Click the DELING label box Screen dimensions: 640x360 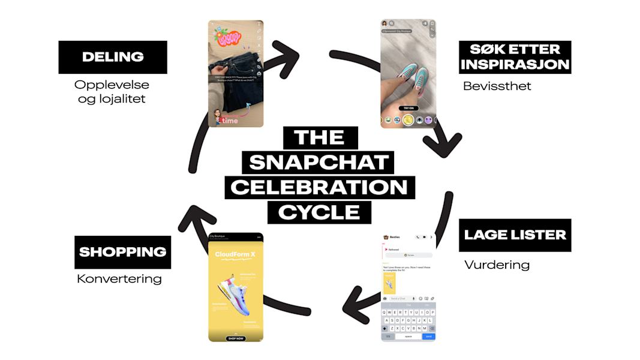click(x=113, y=57)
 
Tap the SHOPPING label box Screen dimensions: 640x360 click(x=122, y=252)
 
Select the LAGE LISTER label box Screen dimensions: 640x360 click(x=515, y=235)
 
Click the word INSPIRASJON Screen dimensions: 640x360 click(x=515, y=64)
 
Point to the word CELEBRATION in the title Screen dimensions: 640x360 click(x=319, y=187)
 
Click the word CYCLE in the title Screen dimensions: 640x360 click(x=319, y=212)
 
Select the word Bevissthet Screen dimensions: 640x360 click(x=497, y=86)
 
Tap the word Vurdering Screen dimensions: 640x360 click(x=497, y=265)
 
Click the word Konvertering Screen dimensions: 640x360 click(x=119, y=278)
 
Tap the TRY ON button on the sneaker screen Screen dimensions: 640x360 click(x=408, y=109)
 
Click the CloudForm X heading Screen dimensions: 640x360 click(x=235, y=254)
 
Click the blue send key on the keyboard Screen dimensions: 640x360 click(x=428, y=337)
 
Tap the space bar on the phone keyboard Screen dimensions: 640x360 click(x=408, y=337)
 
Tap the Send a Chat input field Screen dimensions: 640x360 click(x=399, y=298)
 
